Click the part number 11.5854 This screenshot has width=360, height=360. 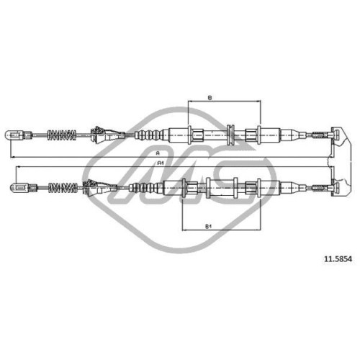click(x=338, y=259)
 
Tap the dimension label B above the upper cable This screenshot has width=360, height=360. click(x=210, y=98)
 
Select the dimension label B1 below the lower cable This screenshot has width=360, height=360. click(x=208, y=226)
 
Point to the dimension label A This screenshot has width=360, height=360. click(x=158, y=153)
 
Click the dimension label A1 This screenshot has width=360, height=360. click(x=161, y=163)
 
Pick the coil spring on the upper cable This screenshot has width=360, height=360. click(x=62, y=135)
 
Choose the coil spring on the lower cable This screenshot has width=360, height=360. click(x=63, y=188)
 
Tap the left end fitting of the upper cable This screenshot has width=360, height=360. click(x=18, y=135)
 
